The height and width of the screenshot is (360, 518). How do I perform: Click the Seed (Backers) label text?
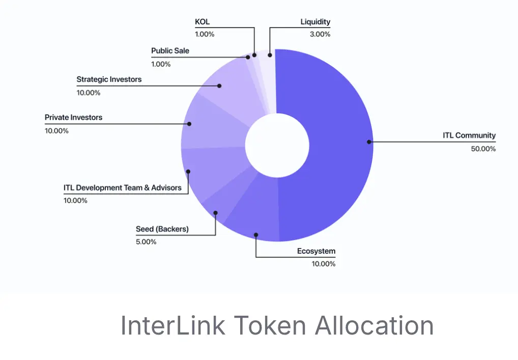(162, 229)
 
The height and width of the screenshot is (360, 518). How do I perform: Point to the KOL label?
(202, 22)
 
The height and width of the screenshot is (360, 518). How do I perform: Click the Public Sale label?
(170, 50)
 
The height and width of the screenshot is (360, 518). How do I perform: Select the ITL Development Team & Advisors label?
(123, 187)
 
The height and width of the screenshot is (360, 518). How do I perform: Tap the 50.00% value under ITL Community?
(483, 149)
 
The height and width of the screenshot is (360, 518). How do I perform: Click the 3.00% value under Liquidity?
(320, 34)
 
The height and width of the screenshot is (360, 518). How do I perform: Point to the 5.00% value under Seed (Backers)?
(146, 242)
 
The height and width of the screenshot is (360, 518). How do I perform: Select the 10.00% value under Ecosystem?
(324, 264)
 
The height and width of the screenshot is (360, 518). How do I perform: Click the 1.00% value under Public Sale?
(161, 64)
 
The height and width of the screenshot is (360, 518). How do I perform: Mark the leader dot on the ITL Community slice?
(369, 142)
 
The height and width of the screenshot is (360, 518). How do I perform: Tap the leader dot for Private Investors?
(189, 124)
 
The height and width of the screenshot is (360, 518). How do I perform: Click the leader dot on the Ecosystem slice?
(256, 235)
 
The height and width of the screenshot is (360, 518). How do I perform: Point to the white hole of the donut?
(277, 146)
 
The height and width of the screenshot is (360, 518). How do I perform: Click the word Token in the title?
(270, 325)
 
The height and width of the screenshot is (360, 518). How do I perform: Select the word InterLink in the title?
(173, 325)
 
